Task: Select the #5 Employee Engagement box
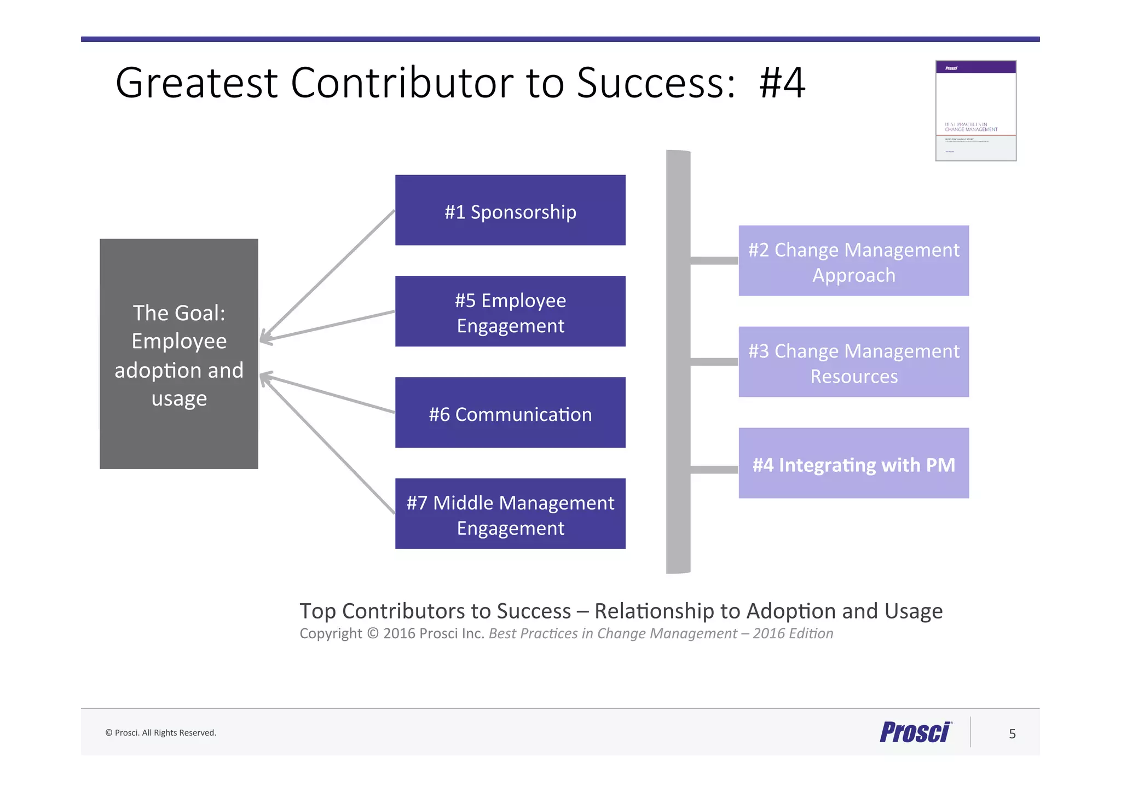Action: (x=510, y=311)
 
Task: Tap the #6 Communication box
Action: (x=510, y=413)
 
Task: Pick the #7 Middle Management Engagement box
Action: (x=510, y=514)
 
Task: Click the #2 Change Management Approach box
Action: (x=853, y=261)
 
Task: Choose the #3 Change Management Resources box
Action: (x=853, y=362)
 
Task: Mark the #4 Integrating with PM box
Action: (x=853, y=464)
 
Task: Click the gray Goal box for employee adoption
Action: (x=179, y=354)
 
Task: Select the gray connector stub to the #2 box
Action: (x=714, y=261)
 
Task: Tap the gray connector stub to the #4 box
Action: (x=714, y=470)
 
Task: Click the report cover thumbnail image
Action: (x=975, y=111)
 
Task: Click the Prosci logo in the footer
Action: (x=916, y=732)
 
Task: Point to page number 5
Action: (x=1012, y=734)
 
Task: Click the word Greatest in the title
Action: (x=197, y=83)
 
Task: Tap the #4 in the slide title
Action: (x=782, y=83)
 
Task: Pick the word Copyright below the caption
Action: (x=331, y=634)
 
